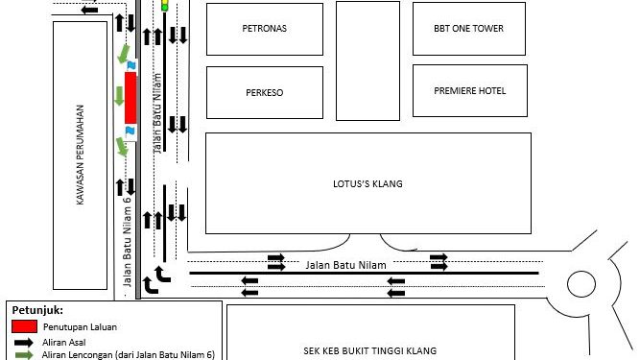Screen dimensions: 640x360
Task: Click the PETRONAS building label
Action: coord(265,28)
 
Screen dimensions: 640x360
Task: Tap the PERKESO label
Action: coord(265,93)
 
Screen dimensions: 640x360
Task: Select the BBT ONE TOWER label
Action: coord(468,28)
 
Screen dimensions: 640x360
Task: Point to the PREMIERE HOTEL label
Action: coord(470,90)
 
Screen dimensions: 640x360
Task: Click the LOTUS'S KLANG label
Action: coord(367,183)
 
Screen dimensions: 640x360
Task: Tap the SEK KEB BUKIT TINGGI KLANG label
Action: coord(370,350)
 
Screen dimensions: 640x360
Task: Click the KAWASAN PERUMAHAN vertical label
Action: coord(80,156)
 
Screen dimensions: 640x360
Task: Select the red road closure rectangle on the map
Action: coord(130,98)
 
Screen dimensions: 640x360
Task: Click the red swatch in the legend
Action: coord(25,326)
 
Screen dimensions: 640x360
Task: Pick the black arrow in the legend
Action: coord(24,343)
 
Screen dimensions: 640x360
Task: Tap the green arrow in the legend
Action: coord(24,354)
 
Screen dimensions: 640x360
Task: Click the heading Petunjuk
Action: coord(37,310)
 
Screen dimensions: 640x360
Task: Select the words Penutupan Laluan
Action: coord(80,327)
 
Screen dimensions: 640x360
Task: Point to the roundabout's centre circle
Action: coord(581,284)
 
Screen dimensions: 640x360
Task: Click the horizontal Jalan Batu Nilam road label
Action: coord(345,265)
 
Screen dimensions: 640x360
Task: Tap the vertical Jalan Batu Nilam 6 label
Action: coord(128,242)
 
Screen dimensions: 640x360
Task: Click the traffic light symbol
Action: coord(164,5)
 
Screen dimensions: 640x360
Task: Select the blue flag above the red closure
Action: coord(131,65)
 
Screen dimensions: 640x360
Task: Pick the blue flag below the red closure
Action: coord(130,131)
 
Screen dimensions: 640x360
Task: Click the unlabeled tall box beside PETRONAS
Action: coord(367,60)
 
